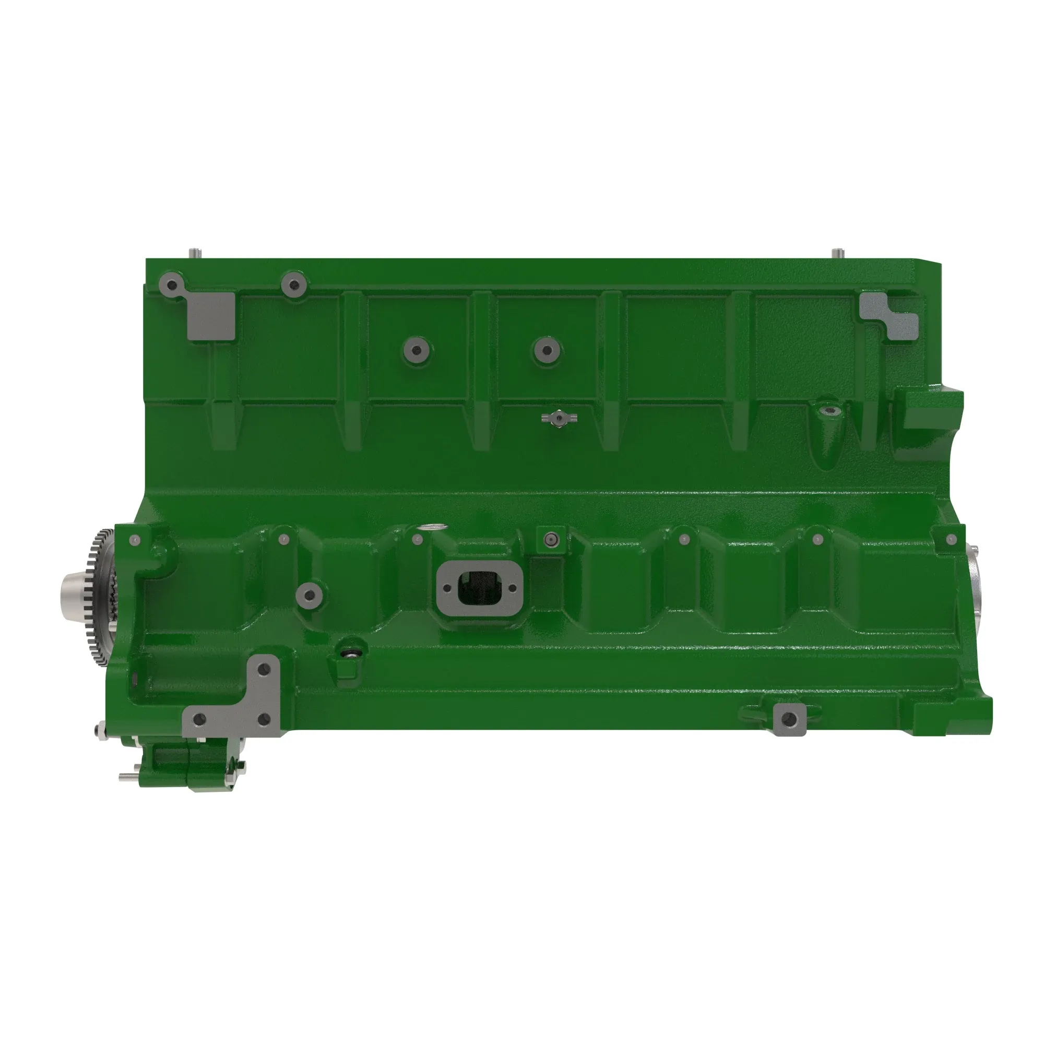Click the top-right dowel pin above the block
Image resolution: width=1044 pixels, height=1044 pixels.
coord(838,252)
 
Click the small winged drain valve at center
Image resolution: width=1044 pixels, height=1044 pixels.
coord(557,418)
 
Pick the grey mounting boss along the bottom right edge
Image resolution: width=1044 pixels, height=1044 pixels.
coord(789,719)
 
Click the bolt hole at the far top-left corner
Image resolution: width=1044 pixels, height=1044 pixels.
coord(172,285)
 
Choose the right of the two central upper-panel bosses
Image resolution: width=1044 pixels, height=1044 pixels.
coord(547,350)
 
